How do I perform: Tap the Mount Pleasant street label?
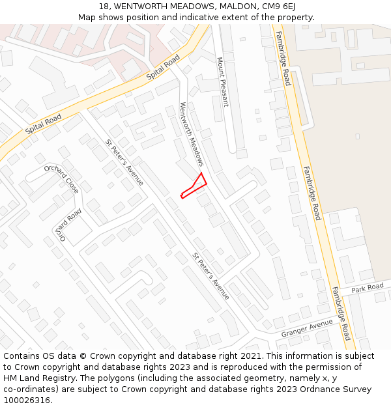[223, 81]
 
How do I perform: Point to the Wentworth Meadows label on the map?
[192, 133]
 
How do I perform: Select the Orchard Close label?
[62, 179]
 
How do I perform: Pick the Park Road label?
[368, 288]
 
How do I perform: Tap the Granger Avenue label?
[307, 329]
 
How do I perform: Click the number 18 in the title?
[104, 6]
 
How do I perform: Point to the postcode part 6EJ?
[287, 6]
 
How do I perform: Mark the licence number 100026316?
[28, 400]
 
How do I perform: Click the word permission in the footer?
[309, 367]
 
